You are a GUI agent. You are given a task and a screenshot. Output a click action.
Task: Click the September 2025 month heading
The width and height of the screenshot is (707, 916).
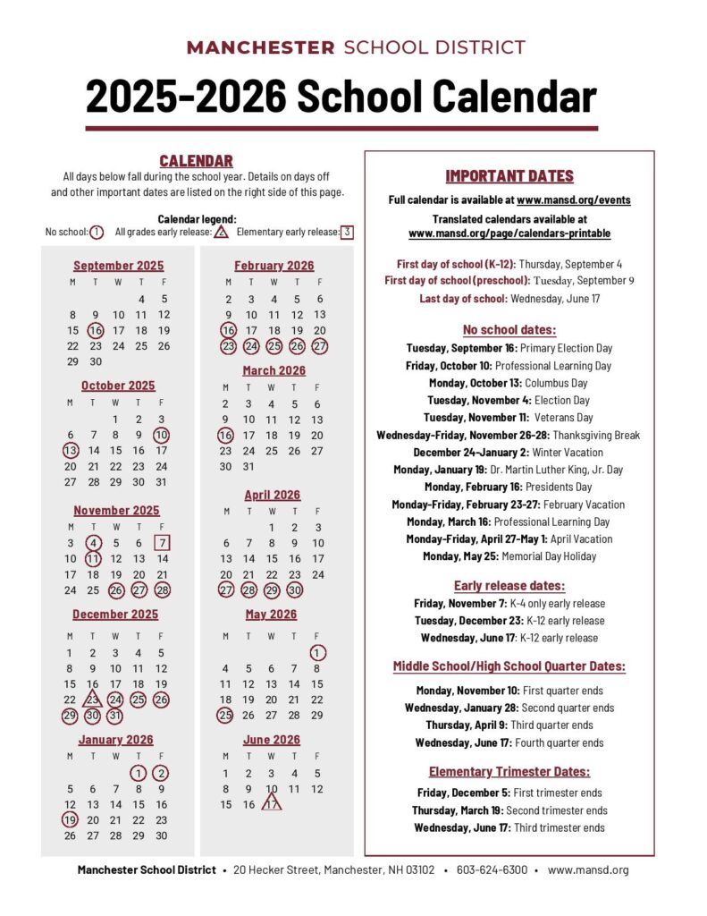118,266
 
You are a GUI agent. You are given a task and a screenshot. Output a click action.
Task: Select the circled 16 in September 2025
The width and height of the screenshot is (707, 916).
96,330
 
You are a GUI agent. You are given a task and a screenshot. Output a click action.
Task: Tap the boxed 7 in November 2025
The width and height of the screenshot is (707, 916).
162,543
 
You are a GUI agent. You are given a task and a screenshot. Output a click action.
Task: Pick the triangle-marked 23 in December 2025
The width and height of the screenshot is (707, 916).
93,700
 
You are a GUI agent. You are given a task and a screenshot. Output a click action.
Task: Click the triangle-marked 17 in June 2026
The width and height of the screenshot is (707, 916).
272,804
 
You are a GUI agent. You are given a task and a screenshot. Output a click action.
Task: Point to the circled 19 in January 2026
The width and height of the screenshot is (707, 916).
71,819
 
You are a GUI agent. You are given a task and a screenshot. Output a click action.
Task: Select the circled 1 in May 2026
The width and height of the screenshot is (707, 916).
317,653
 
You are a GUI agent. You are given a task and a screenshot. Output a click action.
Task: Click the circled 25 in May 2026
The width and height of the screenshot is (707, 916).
226,715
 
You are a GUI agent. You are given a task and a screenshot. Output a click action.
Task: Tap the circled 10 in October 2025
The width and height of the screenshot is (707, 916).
162,435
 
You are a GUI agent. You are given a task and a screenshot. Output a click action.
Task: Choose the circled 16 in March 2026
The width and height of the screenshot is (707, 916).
227,436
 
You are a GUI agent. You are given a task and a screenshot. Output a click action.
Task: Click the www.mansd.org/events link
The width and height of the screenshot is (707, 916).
573,200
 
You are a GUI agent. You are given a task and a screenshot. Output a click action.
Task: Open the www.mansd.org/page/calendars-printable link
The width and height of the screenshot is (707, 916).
509,233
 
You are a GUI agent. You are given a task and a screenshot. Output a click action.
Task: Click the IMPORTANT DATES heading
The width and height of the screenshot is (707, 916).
509,176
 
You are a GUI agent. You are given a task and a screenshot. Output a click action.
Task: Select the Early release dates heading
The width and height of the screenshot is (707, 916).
509,586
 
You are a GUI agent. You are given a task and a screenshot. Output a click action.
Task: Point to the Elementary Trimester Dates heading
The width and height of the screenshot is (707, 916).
509,771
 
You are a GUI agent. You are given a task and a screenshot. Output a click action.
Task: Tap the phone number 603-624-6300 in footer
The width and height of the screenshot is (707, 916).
492,869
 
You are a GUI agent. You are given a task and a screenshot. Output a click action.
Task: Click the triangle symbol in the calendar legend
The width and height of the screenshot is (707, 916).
221,233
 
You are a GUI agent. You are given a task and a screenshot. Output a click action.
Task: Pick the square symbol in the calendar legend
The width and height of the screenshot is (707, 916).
347,233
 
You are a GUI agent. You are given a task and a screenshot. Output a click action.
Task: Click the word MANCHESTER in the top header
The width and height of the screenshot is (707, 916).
260,48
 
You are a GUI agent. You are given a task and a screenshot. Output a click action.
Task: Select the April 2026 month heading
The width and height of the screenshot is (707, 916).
273,496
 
